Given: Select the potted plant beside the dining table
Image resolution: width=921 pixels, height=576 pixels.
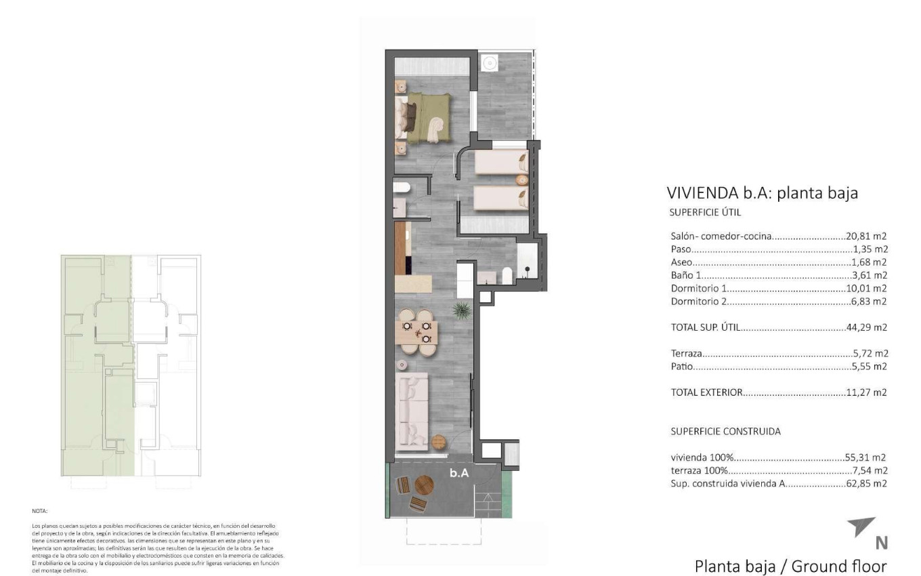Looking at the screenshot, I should [463, 311].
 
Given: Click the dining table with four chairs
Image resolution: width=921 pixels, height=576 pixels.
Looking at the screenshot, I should [416, 332].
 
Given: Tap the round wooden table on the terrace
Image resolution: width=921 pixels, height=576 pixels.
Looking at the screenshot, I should [424, 485].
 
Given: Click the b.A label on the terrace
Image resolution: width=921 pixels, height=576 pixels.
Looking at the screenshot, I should [459, 473].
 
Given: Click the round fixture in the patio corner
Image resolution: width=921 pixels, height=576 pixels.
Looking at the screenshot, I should [489, 63].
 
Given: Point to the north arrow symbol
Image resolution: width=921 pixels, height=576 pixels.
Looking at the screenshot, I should [863, 527].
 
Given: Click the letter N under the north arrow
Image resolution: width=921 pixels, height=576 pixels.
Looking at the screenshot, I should [881, 543].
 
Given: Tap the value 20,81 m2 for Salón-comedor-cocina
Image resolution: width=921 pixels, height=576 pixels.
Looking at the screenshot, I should [866, 236].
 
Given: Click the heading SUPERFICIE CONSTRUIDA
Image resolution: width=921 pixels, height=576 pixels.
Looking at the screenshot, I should [725, 431].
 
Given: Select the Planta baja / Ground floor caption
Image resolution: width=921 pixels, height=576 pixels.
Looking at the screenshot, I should [790, 566].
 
